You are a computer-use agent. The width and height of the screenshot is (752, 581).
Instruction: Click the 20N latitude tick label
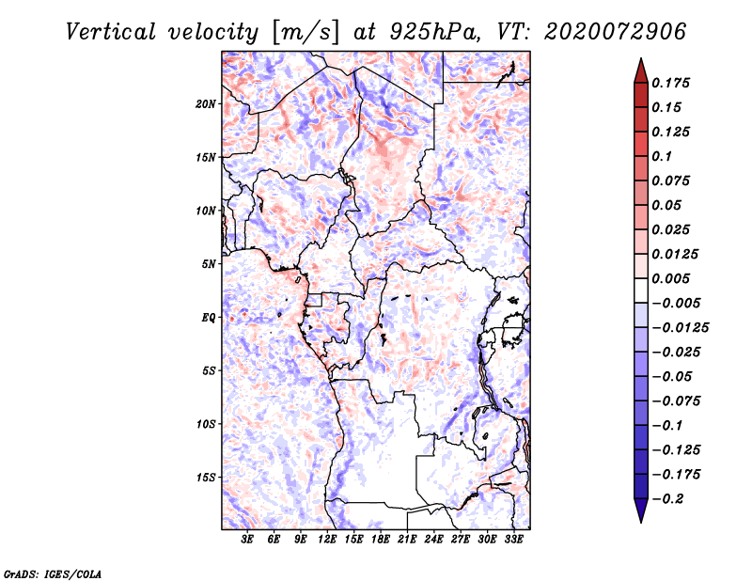coord(205,104)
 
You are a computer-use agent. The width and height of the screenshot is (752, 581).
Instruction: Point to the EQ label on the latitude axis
coord(208,318)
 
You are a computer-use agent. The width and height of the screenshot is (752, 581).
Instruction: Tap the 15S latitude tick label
coord(205,478)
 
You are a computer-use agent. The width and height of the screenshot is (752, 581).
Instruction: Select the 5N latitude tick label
coord(209,264)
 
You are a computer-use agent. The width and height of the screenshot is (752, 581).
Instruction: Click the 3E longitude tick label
coord(247,540)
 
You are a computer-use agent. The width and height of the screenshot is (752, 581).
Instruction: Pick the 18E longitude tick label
coord(381,540)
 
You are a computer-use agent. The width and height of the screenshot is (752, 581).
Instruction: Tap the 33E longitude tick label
coord(513,540)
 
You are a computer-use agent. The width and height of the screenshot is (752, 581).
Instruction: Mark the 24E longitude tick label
coord(433,540)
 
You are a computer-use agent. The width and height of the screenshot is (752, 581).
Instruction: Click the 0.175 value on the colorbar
coord(670,83)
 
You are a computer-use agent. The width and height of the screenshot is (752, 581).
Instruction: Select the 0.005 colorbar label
coord(670,278)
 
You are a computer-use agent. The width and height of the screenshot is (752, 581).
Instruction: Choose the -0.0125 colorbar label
coord(680,328)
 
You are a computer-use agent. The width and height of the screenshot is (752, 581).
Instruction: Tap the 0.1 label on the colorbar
coord(662,156)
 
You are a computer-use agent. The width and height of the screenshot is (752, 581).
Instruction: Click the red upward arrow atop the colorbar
coord(641,71)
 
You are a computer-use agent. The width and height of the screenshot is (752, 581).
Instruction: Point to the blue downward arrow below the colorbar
coord(641,510)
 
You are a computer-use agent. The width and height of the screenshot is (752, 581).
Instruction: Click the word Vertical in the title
coord(110,32)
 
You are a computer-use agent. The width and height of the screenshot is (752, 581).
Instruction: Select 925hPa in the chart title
coord(433,32)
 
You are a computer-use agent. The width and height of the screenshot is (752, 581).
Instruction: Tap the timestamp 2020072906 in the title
coord(616,32)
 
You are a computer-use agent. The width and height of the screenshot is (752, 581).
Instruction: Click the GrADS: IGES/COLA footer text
coord(53,574)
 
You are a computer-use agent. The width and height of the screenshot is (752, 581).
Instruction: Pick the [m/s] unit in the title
coord(305,33)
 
